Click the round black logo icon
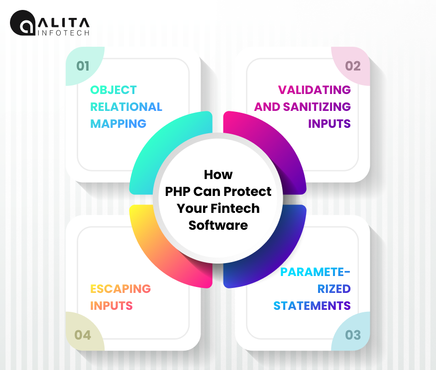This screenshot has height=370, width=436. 22,23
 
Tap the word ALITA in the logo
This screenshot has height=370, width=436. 64,23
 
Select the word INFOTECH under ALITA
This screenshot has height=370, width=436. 64,33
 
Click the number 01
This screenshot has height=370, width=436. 83,66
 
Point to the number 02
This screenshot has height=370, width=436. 353,66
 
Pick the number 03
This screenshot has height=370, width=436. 353,335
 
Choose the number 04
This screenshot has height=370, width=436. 83,335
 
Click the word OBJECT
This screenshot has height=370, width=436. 113,90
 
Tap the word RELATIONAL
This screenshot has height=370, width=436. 126,107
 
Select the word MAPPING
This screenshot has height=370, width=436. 118,124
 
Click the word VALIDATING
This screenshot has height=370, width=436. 315,90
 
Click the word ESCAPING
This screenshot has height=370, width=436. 120,289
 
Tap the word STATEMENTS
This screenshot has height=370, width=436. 312,306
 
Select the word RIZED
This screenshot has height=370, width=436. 334,289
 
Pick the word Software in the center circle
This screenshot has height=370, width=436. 218,225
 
